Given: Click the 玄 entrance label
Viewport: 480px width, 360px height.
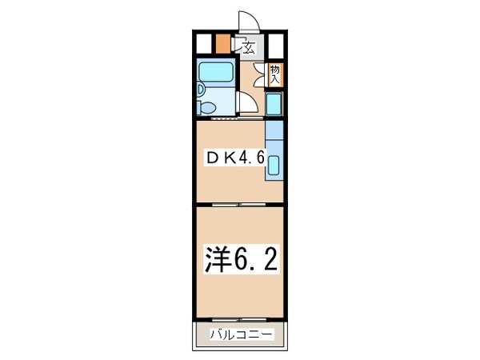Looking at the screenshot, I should (x=249, y=47).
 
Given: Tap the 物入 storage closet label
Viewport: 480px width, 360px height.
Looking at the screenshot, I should (x=274, y=74).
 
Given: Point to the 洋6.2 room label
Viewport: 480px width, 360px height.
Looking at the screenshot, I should (x=240, y=258).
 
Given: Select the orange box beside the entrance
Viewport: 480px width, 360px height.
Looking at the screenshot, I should (x=222, y=42).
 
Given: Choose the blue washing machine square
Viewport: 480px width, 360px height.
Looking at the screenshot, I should (x=274, y=104).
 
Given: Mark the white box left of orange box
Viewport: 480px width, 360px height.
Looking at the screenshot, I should (x=204, y=42).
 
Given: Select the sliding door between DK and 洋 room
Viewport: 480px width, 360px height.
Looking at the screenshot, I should (x=240, y=206).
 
